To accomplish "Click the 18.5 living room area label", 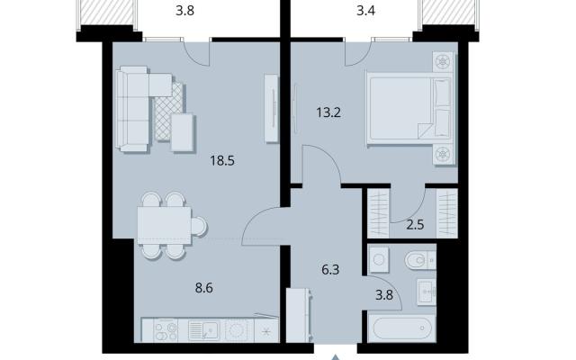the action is [x=222, y=160].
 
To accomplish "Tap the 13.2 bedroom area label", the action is [x=328, y=112].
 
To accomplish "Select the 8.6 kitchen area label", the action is [x=204, y=288].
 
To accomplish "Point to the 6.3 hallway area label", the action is [x=330, y=270].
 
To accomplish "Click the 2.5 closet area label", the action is [x=415, y=224].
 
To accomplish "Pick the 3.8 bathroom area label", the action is [x=384, y=294].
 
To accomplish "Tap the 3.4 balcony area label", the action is [x=366, y=10].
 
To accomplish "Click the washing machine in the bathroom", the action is [x=378, y=260].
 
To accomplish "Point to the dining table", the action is [x=164, y=226].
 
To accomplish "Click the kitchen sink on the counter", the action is [x=203, y=330].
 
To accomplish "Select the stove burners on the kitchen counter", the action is [x=166, y=330].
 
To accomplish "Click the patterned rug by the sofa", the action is [x=169, y=112].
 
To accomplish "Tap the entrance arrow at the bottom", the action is [x=335, y=357].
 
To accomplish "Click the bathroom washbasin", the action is [x=426, y=292].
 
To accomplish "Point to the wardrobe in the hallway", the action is [x=299, y=316].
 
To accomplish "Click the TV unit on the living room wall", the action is [x=272, y=108].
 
